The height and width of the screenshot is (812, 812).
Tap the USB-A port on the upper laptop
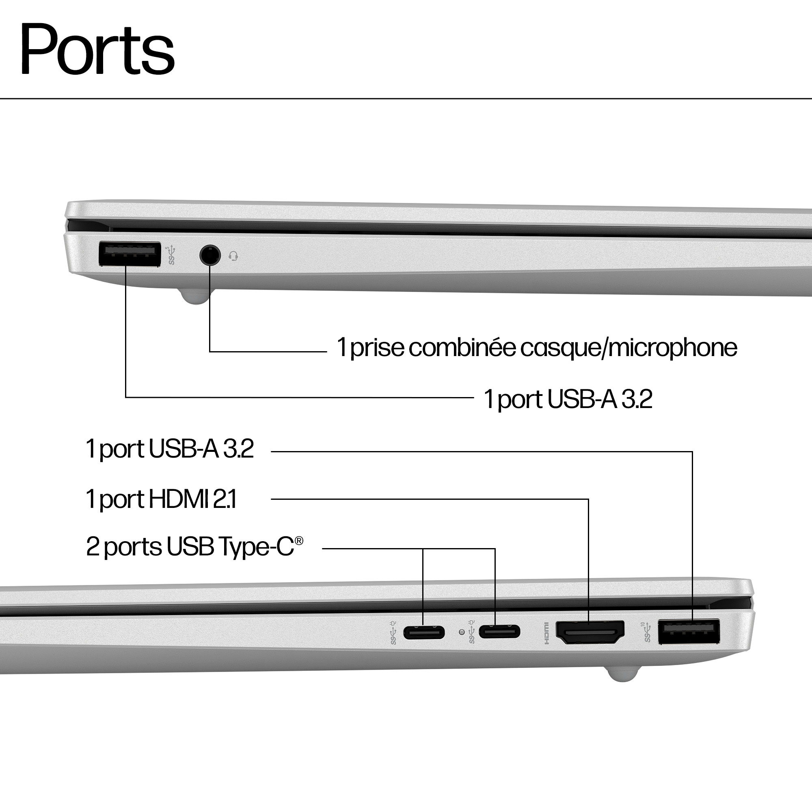click(x=130, y=254)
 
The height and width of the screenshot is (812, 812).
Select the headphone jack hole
click(x=210, y=255)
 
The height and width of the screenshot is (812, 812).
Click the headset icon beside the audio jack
click(x=234, y=255)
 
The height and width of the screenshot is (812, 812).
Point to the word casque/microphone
click(x=628, y=348)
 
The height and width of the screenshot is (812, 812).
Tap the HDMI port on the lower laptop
click(x=590, y=632)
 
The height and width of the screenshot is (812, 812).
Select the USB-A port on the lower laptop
click(x=689, y=631)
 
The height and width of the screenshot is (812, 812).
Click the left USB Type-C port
click(x=423, y=632)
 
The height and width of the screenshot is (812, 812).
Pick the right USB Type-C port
click(x=499, y=631)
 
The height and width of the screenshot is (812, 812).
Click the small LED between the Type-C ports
click(x=462, y=632)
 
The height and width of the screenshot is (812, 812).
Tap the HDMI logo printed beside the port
click(x=546, y=633)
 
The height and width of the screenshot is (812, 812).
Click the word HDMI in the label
click(x=179, y=499)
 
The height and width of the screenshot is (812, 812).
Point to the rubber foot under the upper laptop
click(x=196, y=296)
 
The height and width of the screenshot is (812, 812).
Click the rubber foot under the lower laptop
click(x=623, y=673)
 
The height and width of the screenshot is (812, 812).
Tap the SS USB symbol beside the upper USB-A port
click(x=171, y=255)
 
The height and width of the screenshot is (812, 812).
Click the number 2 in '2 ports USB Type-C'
click(x=93, y=547)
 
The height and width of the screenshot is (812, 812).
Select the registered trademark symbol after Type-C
click(x=299, y=540)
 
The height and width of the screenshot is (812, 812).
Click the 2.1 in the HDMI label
click(x=225, y=499)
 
